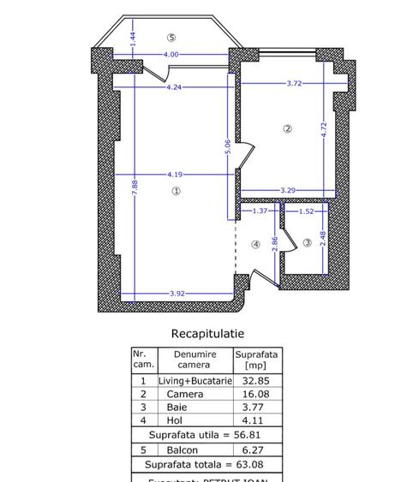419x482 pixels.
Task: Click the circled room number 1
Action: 177,192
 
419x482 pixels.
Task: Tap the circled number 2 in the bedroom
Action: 288,128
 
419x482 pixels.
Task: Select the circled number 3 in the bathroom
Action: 308,243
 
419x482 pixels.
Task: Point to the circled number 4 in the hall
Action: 255,244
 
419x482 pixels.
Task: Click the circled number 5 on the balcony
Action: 171,37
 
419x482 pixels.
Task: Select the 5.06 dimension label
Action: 228,147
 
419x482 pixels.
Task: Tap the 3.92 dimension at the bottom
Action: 177,294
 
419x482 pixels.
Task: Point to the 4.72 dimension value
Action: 324,130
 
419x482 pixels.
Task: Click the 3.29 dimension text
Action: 288,189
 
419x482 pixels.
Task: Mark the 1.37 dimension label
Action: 260,210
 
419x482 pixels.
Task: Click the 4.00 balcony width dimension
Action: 171,55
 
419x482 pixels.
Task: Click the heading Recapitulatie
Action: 207,333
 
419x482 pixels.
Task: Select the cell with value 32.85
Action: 256,380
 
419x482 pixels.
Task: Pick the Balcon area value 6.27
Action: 256,449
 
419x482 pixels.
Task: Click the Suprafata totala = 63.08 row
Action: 205,464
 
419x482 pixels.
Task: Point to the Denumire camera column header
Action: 195,359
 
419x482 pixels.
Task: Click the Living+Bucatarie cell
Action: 195,380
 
